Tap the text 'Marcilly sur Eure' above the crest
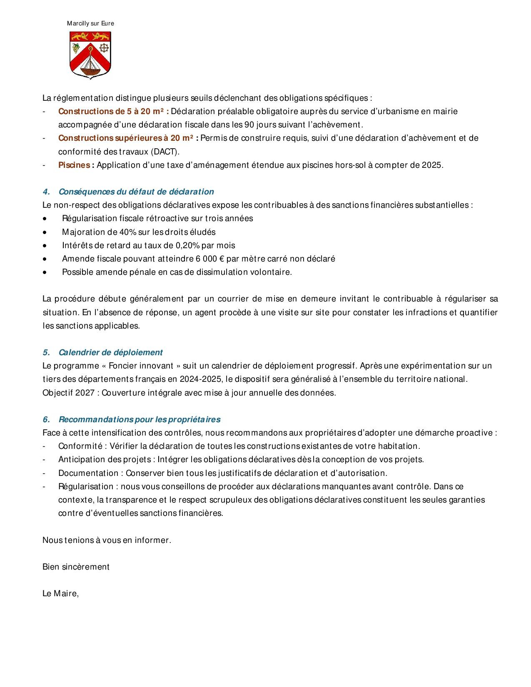point(90,24)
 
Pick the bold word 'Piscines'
point(74,165)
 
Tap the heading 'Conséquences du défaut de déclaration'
point(136,192)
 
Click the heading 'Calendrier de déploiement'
point(110,352)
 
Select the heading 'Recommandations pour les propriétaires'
point(140,419)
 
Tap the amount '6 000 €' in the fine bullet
point(210,259)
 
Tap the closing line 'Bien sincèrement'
point(76,567)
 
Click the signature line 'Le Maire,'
point(61,593)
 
